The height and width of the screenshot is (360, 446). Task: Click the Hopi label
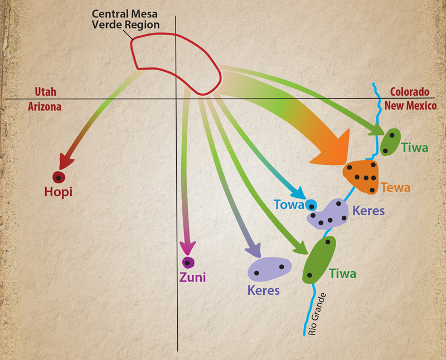coord(59,192)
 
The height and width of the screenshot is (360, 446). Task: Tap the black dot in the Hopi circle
coord(59,178)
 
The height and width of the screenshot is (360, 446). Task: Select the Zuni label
coord(192,278)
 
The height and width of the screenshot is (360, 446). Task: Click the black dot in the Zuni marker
coord(187,263)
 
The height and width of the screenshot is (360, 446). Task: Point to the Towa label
coord(289,205)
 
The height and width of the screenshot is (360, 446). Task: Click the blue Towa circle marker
coord(311,206)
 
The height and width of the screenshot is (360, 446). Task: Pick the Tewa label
coord(396,188)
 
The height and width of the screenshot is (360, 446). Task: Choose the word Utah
coord(46,92)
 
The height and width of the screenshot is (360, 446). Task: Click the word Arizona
coord(45,106)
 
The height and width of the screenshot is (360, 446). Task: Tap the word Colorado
coord(410,92)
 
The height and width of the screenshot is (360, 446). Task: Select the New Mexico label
coord(410,105)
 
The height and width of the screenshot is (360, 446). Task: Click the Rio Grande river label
coord(317,314)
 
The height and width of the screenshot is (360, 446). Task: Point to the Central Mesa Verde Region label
coord(125,19)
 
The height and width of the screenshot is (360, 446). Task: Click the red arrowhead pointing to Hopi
coord(65,160)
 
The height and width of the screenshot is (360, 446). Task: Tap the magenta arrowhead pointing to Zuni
coord(188,248)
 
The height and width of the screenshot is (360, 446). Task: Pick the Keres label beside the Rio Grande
coord(369,211)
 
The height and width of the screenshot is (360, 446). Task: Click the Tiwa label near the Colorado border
coord(414,148)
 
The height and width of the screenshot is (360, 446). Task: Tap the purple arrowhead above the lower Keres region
coord(254,250)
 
